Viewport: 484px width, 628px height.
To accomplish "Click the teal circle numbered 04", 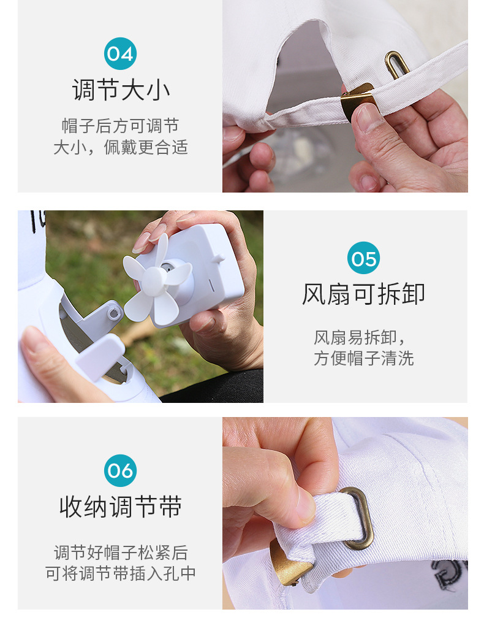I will point(120,54).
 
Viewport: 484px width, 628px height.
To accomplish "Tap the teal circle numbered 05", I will point(364,259).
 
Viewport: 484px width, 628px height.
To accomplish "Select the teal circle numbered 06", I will point(120,471).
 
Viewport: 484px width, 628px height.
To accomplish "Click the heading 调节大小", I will point(121,90).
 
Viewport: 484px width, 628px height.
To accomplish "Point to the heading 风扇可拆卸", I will point(363,294).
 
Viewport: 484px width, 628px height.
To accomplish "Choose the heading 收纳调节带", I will point(121,507).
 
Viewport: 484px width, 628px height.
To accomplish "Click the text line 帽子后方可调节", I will point(121,126).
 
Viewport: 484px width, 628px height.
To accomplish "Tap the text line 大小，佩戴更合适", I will point(121,148).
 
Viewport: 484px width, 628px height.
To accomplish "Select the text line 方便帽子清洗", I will point(364,359).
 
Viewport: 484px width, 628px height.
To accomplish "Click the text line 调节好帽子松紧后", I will point(121,552).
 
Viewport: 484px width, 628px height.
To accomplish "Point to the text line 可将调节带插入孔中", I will point(121,574).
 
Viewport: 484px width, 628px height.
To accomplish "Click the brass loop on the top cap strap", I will point(397,64).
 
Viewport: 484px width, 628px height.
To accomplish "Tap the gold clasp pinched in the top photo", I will point(357,99).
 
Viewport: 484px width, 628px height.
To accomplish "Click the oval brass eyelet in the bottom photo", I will point(356,518).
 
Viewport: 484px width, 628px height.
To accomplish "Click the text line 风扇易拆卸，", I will point(360,337).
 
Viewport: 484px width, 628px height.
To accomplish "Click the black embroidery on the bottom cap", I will point(450,576).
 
